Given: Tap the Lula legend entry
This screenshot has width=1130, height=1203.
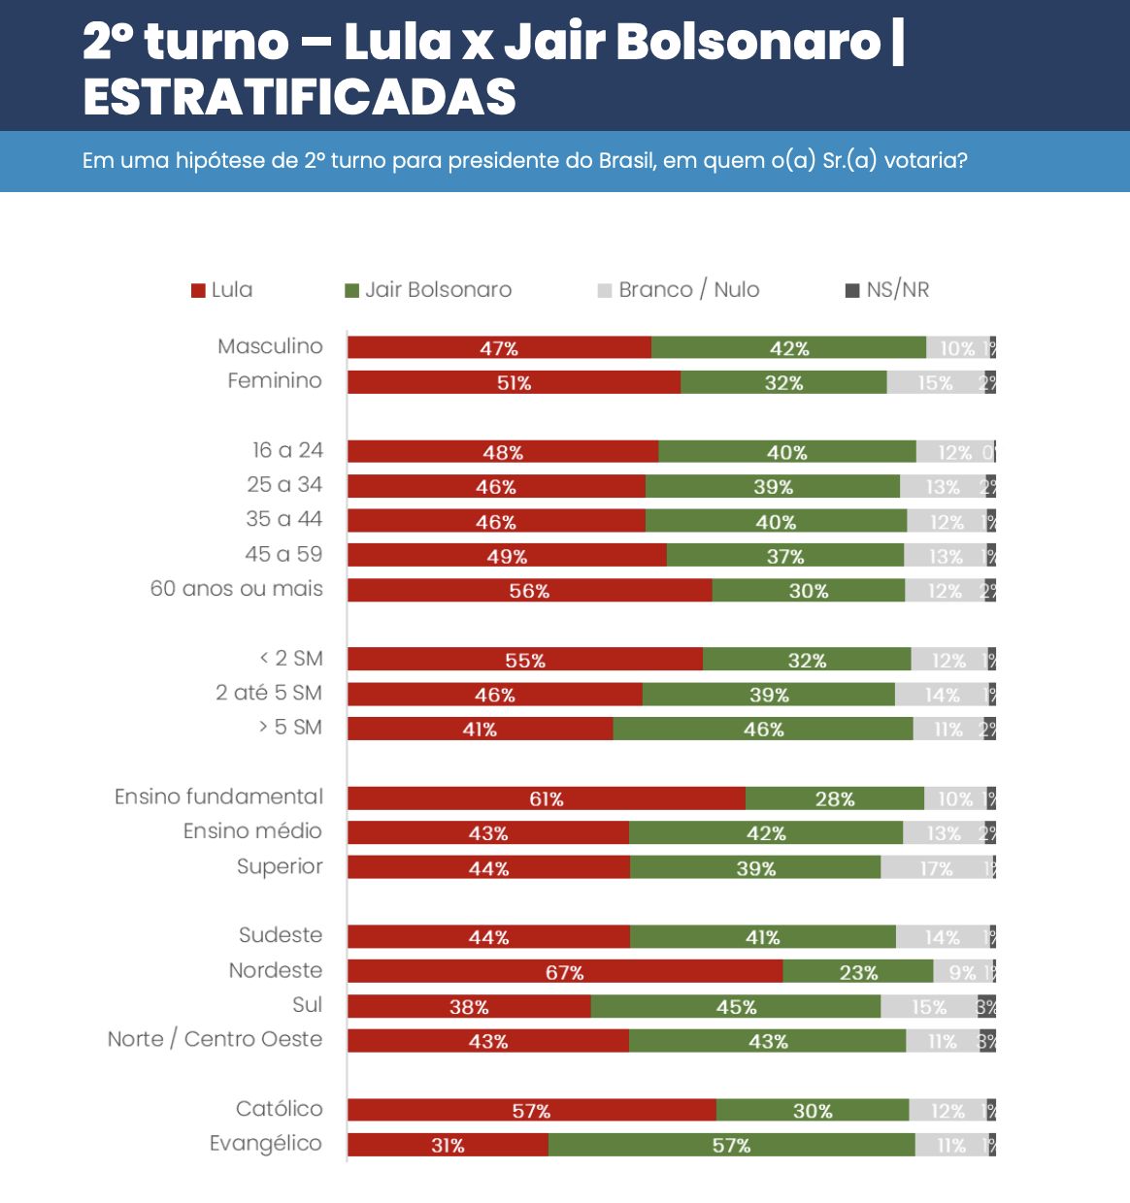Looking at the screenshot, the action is pyautogui.click(x=222, y=289).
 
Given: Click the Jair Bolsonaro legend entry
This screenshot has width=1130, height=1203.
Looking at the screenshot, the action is pyautogui.click(x=428, y=289).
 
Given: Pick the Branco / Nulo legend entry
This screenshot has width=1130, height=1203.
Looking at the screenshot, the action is pyautogui.click(x=679, y=289).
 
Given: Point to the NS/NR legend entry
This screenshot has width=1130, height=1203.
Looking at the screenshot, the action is pyautogui.click(x=887, y=289).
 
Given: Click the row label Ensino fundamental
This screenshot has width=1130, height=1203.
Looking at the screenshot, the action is pyautogui.click(x=218, y=797).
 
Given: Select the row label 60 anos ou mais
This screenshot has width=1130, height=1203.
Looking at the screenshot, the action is pyautogui.click(x=236, y=589).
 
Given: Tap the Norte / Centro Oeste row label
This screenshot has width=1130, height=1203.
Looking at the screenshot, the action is pyautogui.click(x=215, y=1039).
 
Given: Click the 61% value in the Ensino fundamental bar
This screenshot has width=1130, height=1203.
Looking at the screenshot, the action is pyautogui.click(x=547, y=798).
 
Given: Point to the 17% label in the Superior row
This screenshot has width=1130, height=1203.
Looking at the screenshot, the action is pyautogui.click(x=936, y=868).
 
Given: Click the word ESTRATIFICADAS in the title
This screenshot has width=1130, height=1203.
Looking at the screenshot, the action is pyautogui.click(x=300, y=96).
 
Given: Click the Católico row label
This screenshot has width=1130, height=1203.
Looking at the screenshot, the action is pyautogui.click(x=279, y=1109).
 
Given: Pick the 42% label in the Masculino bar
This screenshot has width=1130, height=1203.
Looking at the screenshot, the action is pyautogui.click(x=789, y=348).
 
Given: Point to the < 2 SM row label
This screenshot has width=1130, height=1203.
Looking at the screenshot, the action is pyautogui.click(x=291, y=658).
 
